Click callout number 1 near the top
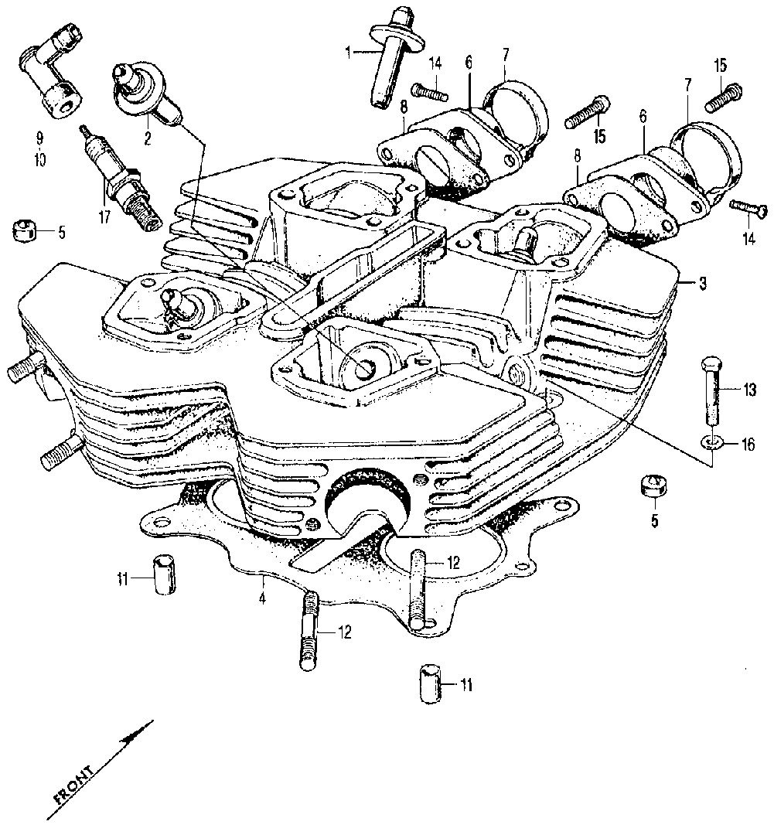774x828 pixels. point(349,52)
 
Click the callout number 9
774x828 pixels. point(39,140)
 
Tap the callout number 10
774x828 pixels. point(39,160)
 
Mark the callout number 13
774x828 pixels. point(749,390)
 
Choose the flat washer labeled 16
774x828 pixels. point(713,442)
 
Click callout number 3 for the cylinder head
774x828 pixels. point(702,284)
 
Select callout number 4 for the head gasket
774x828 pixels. point(263,599)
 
